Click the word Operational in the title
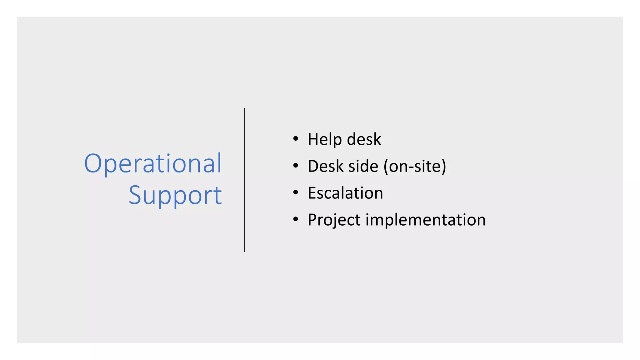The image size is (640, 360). point(153,163)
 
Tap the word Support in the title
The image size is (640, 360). point(175,195)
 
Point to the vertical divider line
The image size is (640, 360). point(244,180)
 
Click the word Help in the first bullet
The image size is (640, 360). point(325,139)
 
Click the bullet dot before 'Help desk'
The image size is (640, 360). point(296,139)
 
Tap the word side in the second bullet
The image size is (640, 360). point(363,166)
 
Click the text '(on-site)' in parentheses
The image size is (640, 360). point(415,166)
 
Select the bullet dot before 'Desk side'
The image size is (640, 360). point(296,166)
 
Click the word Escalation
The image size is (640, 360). point(345,193)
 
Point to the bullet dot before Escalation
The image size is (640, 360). point(296,192)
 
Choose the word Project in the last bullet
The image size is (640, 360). point(334,220)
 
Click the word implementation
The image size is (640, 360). point(425,220)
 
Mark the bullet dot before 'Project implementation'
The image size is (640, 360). point(296,219)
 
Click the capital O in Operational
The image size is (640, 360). point(93,163)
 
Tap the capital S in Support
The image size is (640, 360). point(135,195)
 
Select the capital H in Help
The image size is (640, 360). point(313,139)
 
